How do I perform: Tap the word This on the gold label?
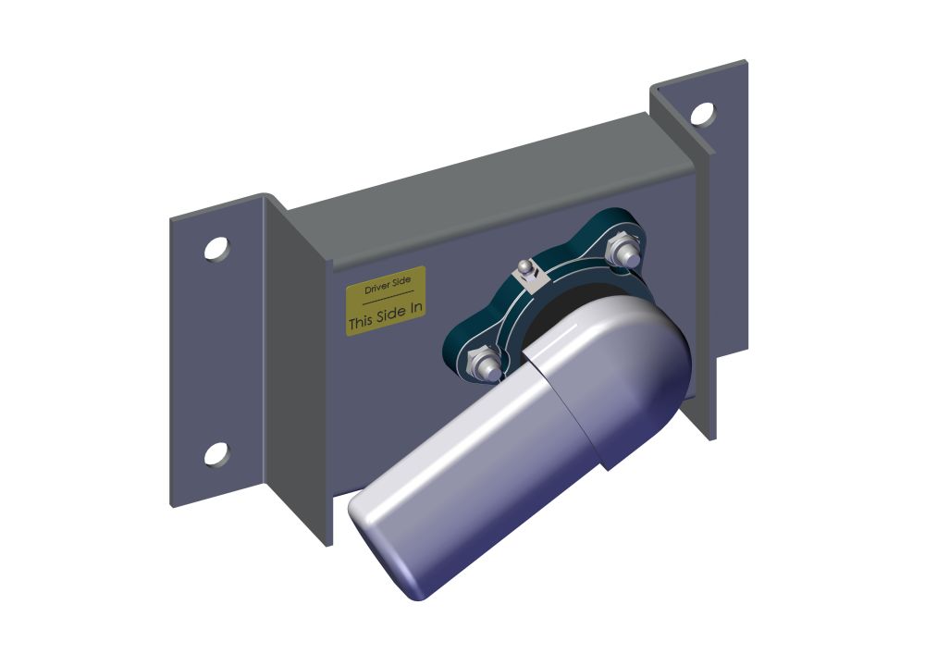click(x=362, y=323)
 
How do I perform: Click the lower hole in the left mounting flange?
click(x=216, y=453)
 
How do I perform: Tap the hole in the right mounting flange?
click(x=702, y=114)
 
